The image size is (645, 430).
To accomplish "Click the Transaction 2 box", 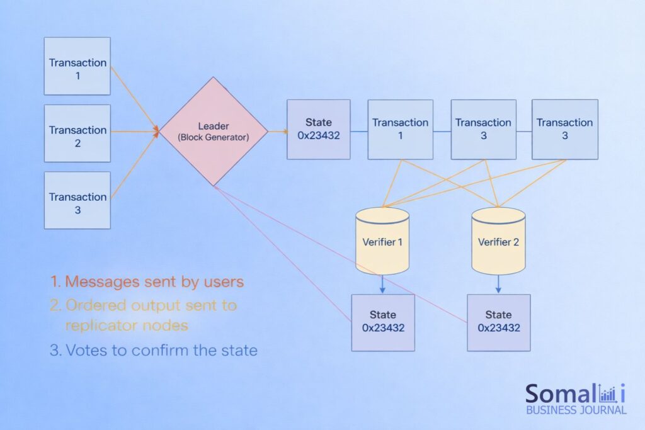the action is [77, 133].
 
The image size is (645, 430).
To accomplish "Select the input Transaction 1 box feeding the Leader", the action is [77, 66].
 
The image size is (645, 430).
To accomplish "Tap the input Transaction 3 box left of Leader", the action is [77, 200].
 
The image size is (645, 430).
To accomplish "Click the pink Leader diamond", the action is [214, 132].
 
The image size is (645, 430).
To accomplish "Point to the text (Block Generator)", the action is [214, 137].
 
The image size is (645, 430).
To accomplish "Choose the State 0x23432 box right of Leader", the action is [319, 130].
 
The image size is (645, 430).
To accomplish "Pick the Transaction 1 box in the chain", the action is [400, 130].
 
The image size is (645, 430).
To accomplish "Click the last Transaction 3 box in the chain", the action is [565, 130].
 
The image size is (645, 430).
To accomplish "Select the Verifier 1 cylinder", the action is [382, 241].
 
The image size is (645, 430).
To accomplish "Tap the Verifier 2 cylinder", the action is [498, 241].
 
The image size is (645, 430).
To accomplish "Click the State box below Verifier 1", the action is [383, 323].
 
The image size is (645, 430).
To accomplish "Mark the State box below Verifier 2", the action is [499, 323].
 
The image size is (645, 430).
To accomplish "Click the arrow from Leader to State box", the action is [278, 132].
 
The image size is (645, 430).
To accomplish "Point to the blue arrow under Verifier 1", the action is [382, 285].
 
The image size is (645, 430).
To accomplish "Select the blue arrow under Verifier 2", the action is [498, 285].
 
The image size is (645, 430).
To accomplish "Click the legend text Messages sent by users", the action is [147, 282].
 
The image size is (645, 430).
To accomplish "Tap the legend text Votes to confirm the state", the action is [154, 350].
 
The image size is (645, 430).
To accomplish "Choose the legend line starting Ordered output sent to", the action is [143, 305].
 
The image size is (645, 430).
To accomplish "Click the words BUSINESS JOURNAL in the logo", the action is [576, 410].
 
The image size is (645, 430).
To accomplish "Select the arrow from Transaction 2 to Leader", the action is [135, 132].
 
